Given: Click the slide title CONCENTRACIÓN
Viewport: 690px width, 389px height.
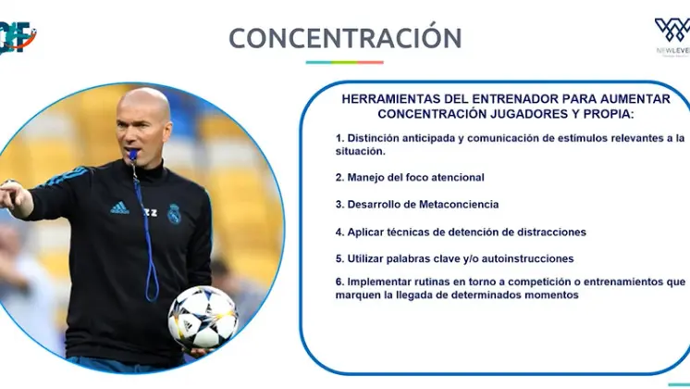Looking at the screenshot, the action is point(345,37).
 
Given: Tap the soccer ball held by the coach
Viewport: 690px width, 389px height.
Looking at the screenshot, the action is point(203,317).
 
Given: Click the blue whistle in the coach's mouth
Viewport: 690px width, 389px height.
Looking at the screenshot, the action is point(132,155).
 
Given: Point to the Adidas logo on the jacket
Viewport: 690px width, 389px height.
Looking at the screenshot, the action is point(119,208).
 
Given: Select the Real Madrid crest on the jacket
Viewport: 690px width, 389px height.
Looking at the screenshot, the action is point(174,214).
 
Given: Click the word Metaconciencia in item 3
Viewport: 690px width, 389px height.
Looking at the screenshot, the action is point(459,205).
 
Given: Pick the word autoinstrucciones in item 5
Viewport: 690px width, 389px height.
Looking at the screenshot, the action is point(527,258).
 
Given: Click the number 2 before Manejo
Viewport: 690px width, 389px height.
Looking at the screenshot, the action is point(339,178).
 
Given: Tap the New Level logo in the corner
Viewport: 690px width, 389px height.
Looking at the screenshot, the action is point(672,35).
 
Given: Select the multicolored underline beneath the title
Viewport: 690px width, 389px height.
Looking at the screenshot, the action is point(345,63).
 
